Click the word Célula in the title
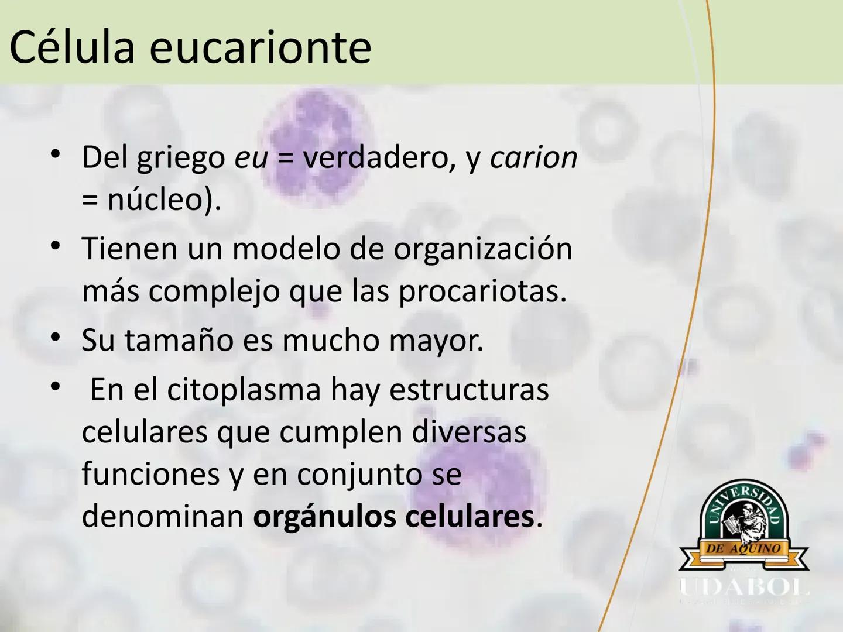tap(72, 47)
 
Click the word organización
tap(483, 249)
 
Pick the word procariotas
tap(482, 291)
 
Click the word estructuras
tap(469, 390)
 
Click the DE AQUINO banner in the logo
tap(743, 549)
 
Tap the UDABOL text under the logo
tap(743, 587)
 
